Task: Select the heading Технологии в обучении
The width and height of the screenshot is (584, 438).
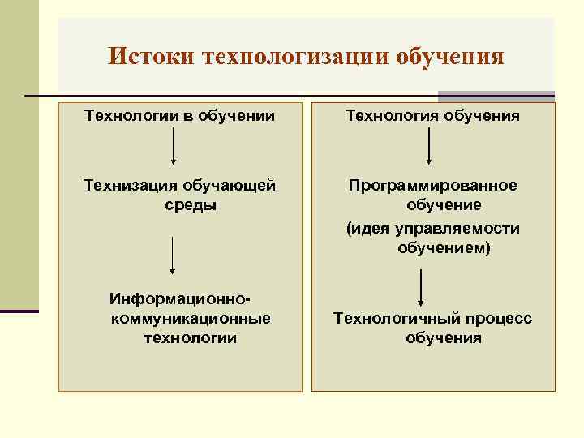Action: [180, 116]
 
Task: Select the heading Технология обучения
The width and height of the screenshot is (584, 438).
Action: [433, 116]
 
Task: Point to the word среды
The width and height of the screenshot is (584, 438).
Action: [191, 204]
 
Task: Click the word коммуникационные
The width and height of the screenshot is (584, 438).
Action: [190, 319]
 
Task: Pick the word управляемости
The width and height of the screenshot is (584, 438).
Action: [457, 229]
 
